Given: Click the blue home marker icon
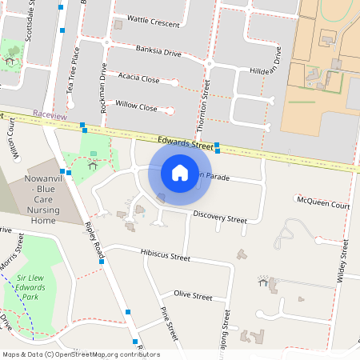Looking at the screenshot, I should (180, 172).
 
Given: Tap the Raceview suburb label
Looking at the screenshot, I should (50, 115).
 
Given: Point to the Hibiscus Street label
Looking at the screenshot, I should (166, 257).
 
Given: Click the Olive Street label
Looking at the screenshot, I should (193, 296).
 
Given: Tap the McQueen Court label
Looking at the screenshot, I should (323, 206).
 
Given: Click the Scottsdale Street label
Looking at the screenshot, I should (31, 16).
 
